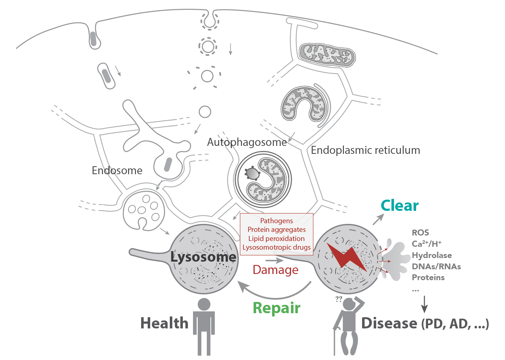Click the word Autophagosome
tap(247, 142)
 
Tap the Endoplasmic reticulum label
tap(365, 150)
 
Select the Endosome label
tap(117, 171)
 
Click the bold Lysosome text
tap(203, 257)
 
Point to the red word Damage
tap(275, 270)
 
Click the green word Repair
tap(276, 308)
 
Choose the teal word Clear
tap(399, 206)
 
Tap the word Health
tap(164, 323)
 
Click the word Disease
tap(389, 323)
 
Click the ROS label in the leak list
tap(420, 233)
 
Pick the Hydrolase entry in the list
tap(432, 255)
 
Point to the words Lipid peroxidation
tap(276, 238)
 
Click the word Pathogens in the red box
tap(276, 221)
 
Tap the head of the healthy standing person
tap(204, 304)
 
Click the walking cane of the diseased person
tap(335, 341)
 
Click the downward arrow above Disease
tap(424, 304)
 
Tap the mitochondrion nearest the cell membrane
tap(327, 55)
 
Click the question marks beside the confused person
tap(338, 299)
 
